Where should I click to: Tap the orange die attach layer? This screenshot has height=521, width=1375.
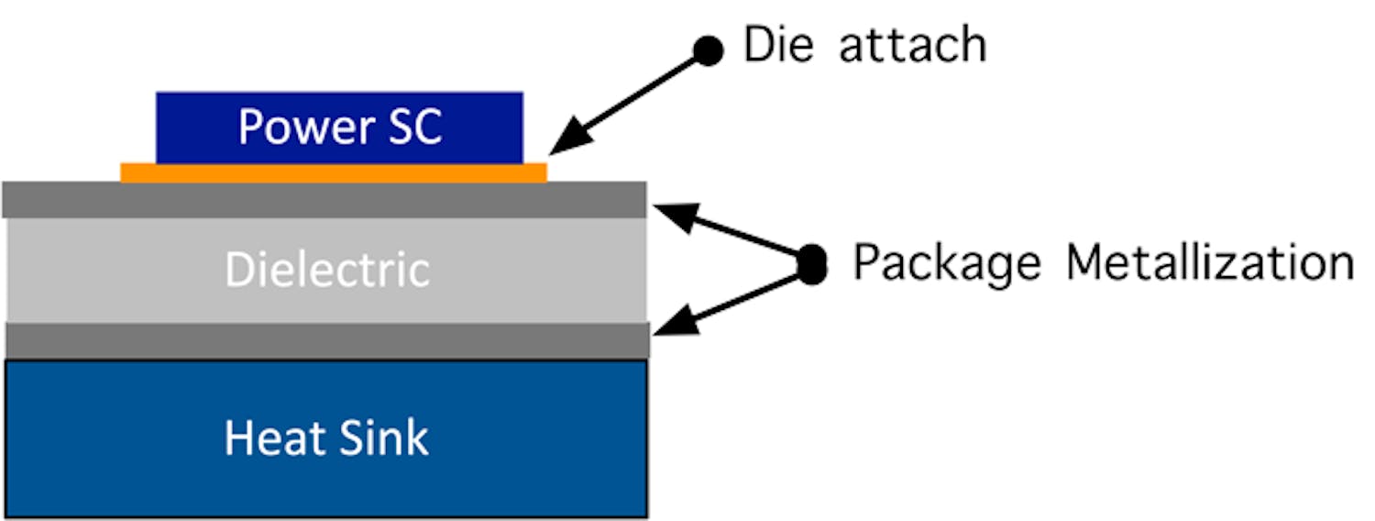334,172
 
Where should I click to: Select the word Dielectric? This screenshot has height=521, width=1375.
327,270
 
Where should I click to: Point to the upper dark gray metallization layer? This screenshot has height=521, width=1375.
325,199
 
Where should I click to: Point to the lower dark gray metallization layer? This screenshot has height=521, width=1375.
325,339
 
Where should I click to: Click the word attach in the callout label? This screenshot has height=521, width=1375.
913,45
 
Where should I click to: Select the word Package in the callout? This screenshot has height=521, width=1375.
946,262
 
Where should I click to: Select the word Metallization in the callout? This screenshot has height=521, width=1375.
1210,262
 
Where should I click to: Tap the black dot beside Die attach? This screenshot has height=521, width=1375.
707,50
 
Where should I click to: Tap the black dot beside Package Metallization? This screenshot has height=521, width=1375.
811,264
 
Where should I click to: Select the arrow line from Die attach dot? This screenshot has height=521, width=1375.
642,93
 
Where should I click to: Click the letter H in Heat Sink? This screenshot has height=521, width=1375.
238,438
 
